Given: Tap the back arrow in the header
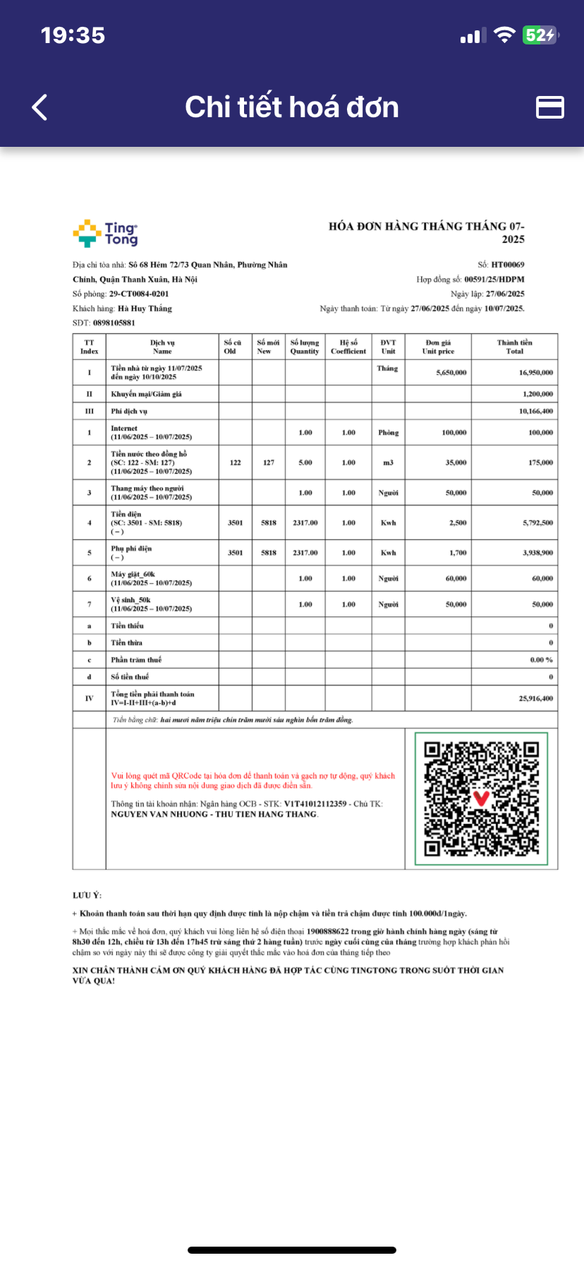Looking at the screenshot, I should click(x=40, y=107).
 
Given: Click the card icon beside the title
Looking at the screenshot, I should click(x=550, y=107).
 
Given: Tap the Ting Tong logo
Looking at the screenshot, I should click(x=105, y=234).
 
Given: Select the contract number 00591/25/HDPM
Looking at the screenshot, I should click(x=494, y=280).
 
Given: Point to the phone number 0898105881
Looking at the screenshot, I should click(x=114, y=323).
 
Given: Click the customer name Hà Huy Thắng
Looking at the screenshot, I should click(x=145, y=308).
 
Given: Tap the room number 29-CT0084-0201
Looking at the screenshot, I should click(x=139, y=294).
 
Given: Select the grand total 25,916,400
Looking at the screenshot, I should click(x=535, y=699).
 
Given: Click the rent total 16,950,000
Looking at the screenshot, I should click(x=535, y=373).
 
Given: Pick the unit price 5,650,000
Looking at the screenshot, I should click(x=451, y=373).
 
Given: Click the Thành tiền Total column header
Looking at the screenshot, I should click(x=514, y=347).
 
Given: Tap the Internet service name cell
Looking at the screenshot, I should click(x=124, y=428).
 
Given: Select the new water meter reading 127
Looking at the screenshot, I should click(x=269, y=463).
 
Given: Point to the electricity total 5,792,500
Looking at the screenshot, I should click(x=537, y=523).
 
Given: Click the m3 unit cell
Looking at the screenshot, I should click(x=388, y=463).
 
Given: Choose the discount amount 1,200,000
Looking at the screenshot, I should click(x=537, y=395).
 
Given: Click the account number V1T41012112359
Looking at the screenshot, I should click(x=315, y=804).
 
